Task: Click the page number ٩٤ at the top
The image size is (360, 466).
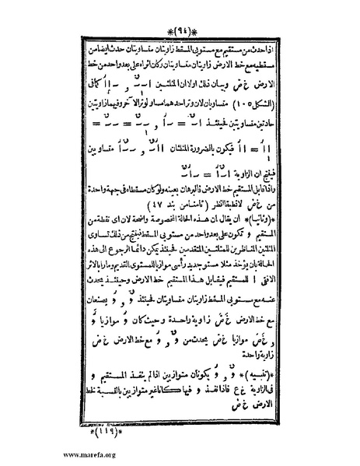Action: [x=180, y=13]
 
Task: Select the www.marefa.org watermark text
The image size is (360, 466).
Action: [x=34, y=455]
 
